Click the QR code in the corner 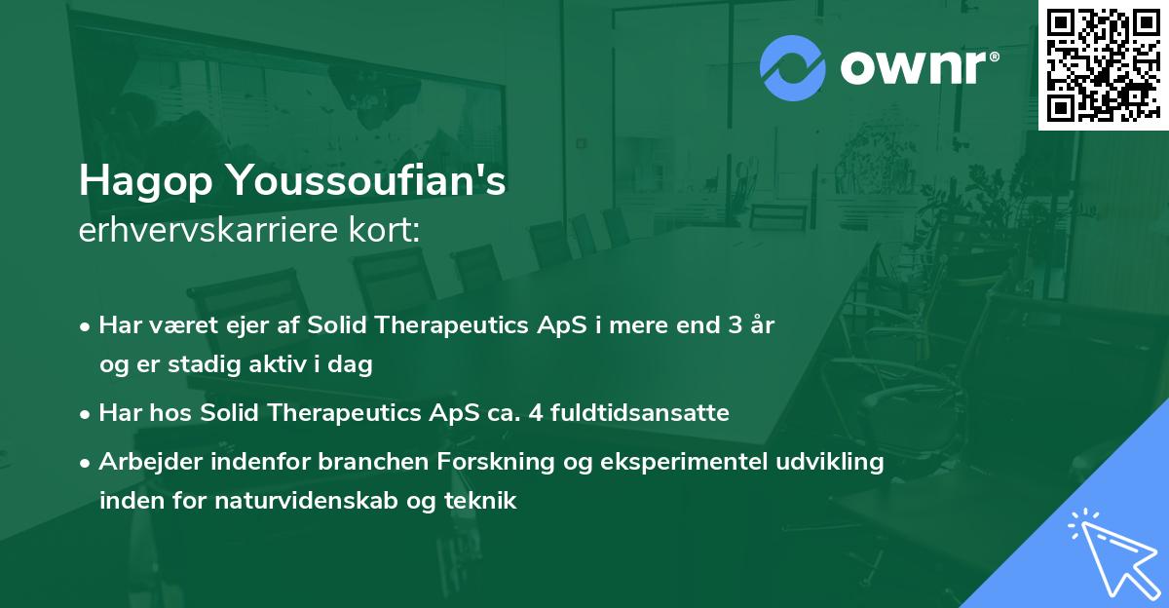point(1103,65)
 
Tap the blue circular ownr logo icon point(793,68)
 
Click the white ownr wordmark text point(914,68)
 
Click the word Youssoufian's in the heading point(367,180)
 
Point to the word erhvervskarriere point(208,230)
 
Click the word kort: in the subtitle point(384,229)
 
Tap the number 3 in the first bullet point(735,325)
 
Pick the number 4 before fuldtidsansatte point(536,413)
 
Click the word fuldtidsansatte point(640,412)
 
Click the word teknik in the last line point(480,500)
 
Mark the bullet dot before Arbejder point(85,463)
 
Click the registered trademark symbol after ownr point(994,57)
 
